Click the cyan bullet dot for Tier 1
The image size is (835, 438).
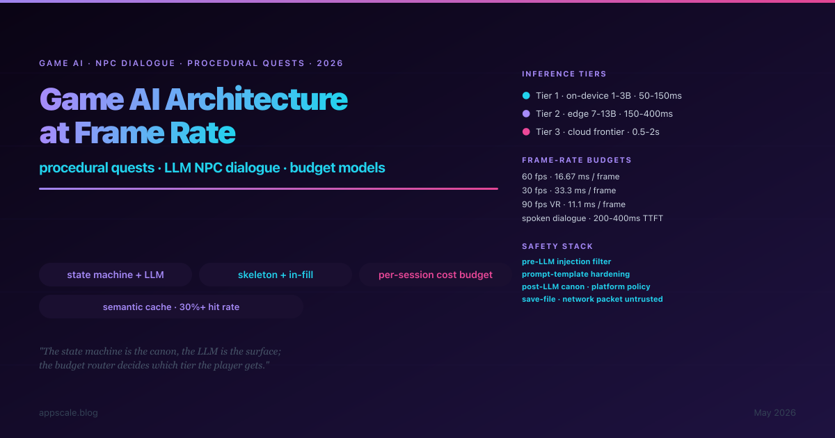[x=526, y=96]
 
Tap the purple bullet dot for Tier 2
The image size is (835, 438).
[x=526, y=113]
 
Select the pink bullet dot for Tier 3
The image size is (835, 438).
[x=526, y=131]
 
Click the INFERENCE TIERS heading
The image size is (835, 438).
[x=564, y=74]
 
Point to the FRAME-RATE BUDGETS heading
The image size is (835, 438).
[x=577, y=160]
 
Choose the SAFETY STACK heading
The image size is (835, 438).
[x=557, y=246]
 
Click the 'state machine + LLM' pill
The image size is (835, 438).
[x=116, y=275]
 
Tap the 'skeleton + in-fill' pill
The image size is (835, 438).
[x=276, y=275]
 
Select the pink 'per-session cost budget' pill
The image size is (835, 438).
[x=436, y=275]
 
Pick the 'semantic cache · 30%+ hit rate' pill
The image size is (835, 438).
[x=171, y=307]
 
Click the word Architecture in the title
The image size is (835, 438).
[x=257, y=99]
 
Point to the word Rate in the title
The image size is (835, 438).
[x=202, y=133]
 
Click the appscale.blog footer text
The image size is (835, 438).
[x=68, y=413]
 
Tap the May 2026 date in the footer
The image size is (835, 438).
[x=774, y=413]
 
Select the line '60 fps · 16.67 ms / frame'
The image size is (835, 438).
[x=571, y=177]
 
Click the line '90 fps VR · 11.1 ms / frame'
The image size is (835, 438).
[x=573, y=204]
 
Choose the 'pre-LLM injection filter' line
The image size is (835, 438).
[x=566, y=261]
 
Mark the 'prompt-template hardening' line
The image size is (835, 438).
[x=575, y=274]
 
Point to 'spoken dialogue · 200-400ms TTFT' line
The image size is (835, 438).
[x=592, y=218]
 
